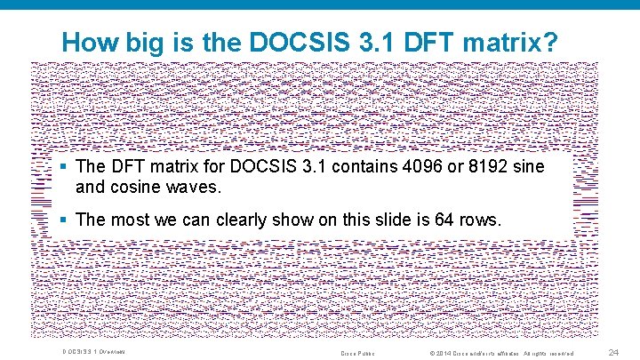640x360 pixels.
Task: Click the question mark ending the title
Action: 552,42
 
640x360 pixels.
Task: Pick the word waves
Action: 195,188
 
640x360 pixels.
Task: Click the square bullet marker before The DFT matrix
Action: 66,167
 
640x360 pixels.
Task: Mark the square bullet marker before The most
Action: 66,219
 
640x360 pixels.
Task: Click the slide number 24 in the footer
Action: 613,353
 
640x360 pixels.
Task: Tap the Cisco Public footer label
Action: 358,354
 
